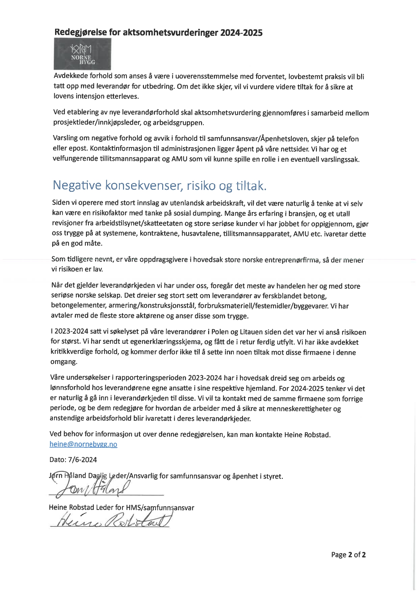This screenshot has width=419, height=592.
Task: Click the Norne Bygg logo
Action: tap(82, 54)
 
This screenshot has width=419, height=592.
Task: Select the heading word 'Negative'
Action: tap(77, 185)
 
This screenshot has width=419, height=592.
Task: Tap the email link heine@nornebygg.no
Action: tap(83, 444)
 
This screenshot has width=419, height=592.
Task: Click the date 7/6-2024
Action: tap(82, 460)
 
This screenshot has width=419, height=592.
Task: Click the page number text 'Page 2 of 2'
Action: tap(348, 555)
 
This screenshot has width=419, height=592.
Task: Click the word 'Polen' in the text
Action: tap(221, 332)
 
